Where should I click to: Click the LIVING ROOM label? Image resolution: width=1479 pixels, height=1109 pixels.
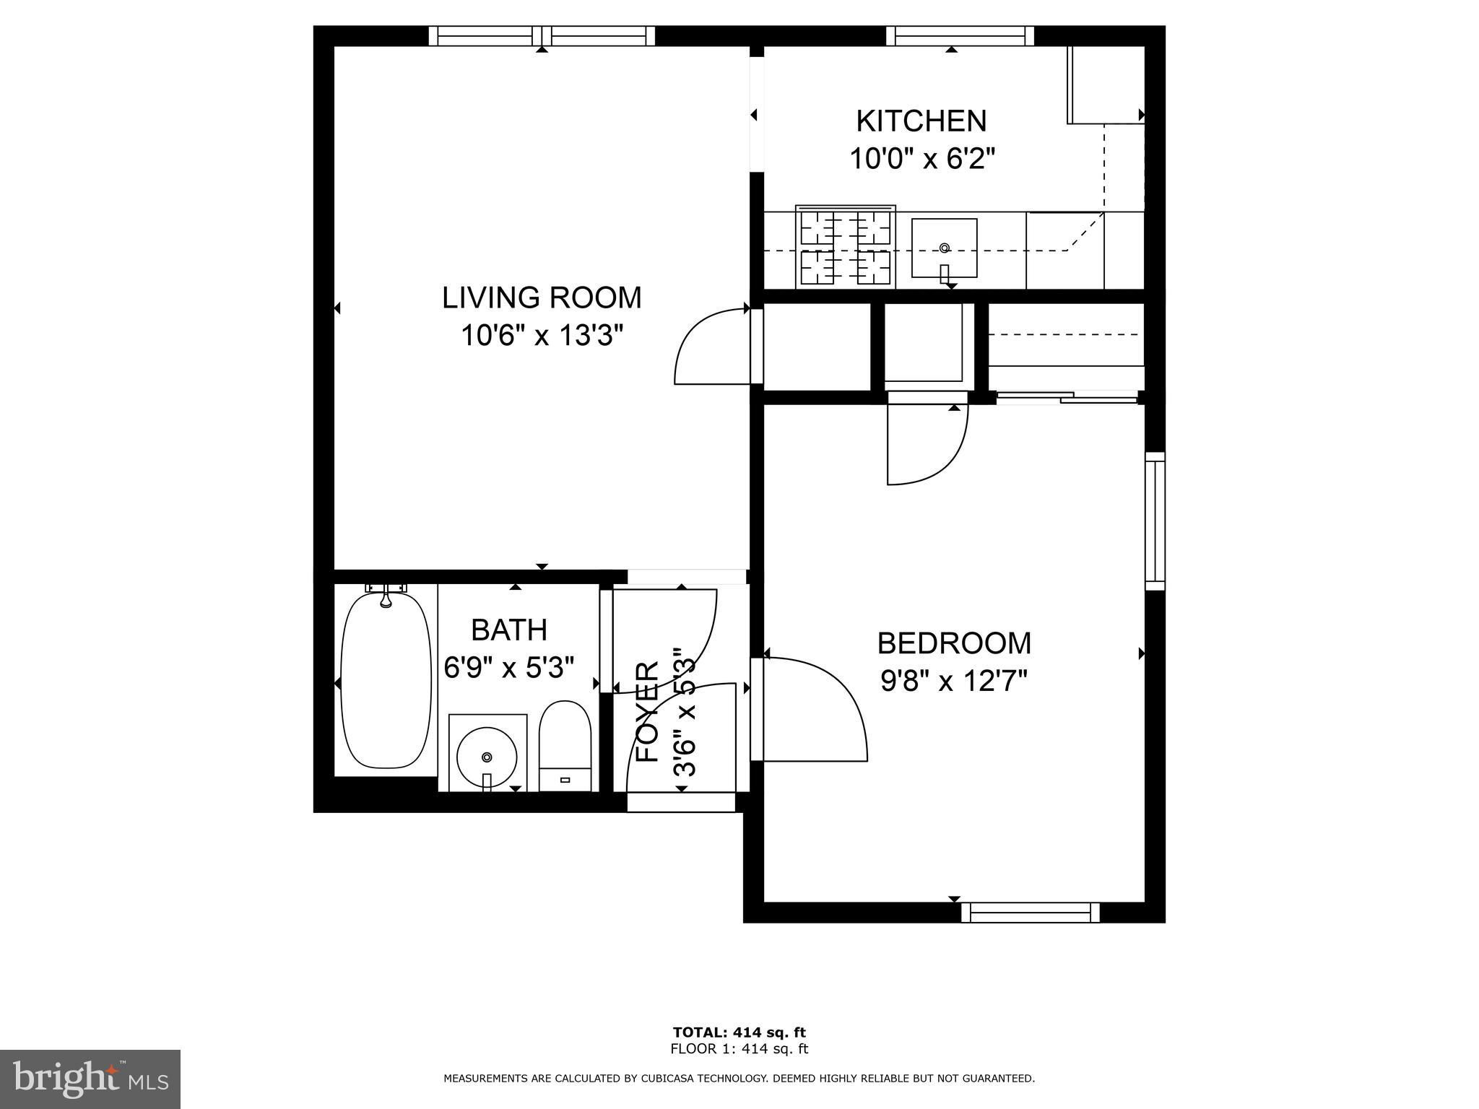click(x=542, y=297)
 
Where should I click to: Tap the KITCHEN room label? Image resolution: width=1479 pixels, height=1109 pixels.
click(x=921, y=121)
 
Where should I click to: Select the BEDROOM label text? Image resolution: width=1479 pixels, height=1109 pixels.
click(x=954, y=643)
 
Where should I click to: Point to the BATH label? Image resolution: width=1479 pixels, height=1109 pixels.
click(x=509, y=630)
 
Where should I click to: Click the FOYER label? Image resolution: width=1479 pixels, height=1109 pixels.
click(x=648, y=711)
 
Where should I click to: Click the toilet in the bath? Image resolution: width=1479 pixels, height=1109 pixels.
click(x=565, y=745)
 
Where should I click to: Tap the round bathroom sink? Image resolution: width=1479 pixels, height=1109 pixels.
click(x=487, y=757)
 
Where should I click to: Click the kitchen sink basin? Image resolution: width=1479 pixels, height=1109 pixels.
click(x=945, y=248)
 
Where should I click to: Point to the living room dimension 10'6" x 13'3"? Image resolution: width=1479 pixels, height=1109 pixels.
click(x=542, y=336)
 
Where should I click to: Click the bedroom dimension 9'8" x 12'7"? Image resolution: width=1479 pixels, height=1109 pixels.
click(x=954, y=680)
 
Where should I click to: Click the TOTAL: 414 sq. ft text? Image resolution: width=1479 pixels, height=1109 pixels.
click(x=739, y=1032)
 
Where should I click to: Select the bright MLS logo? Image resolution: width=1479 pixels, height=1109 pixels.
click(x=90, y=1080)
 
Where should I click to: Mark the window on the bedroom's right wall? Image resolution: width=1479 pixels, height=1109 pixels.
click(x=1155, y=521)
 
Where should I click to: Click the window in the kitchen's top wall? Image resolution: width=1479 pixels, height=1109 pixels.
click(x=960, y=36)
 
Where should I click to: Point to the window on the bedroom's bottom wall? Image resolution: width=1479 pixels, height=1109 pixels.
click(x=1031, y=913)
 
